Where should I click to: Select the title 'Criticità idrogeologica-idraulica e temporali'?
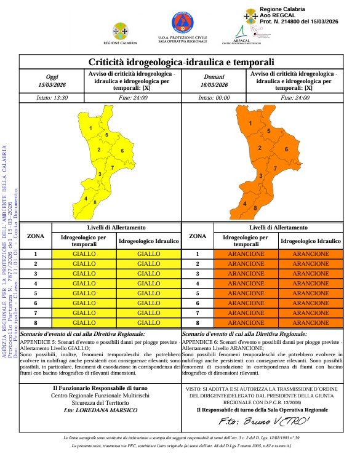pyautogui.click(x=181, y=62)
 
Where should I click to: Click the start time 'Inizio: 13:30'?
pyautogui.click(x=52, y=97)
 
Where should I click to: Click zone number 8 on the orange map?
pyautogui.click(x=255, y=209)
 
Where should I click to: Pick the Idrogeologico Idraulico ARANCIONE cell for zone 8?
pyautogui.click(x=310, y=322)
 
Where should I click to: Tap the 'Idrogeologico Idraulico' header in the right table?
pyautogui.click(x=310, y=241)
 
